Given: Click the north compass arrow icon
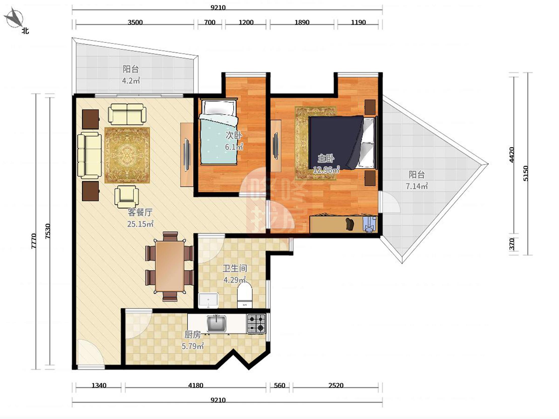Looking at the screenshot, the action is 15,18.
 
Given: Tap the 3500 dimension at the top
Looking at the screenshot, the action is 135,22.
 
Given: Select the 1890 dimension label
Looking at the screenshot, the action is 302,22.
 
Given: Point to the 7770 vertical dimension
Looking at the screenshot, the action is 34,241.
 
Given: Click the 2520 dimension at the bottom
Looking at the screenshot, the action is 336,386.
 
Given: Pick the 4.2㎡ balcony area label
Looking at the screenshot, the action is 131,81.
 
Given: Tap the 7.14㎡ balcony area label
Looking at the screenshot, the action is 417,186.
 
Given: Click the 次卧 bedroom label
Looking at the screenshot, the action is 234,135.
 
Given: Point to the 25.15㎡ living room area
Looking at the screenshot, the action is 140,224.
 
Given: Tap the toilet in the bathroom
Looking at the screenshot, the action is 245,295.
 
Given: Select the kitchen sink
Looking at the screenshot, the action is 216,324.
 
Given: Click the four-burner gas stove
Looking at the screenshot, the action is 256,324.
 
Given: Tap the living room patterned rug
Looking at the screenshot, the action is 127,155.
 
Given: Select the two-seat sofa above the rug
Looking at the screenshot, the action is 127,115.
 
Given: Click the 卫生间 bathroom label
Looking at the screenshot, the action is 235,268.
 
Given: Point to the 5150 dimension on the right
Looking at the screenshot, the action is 526,173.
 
